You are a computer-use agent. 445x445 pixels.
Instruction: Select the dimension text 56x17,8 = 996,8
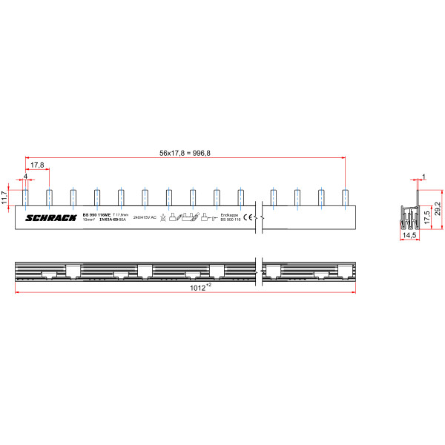pos(185,153)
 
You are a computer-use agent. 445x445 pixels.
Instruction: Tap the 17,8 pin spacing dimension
pos(37,165)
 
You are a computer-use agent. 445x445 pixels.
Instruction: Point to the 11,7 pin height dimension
pos(4,196)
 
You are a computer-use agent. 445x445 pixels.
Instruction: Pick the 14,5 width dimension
pos(408,235)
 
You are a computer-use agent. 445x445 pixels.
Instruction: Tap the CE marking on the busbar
pos(249,217)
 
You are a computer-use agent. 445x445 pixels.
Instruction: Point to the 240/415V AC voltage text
pos(145,217)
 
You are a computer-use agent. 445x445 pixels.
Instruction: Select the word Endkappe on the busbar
pos(230,214)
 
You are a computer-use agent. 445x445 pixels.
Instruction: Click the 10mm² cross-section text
pos(89,220)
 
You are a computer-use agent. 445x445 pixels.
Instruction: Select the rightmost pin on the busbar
pos(345,197)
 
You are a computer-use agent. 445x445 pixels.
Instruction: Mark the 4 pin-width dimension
pos(25,176)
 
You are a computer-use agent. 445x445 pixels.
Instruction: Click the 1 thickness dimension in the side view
pos(423,177)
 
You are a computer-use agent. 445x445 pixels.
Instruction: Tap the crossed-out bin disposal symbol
pos(162,218)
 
